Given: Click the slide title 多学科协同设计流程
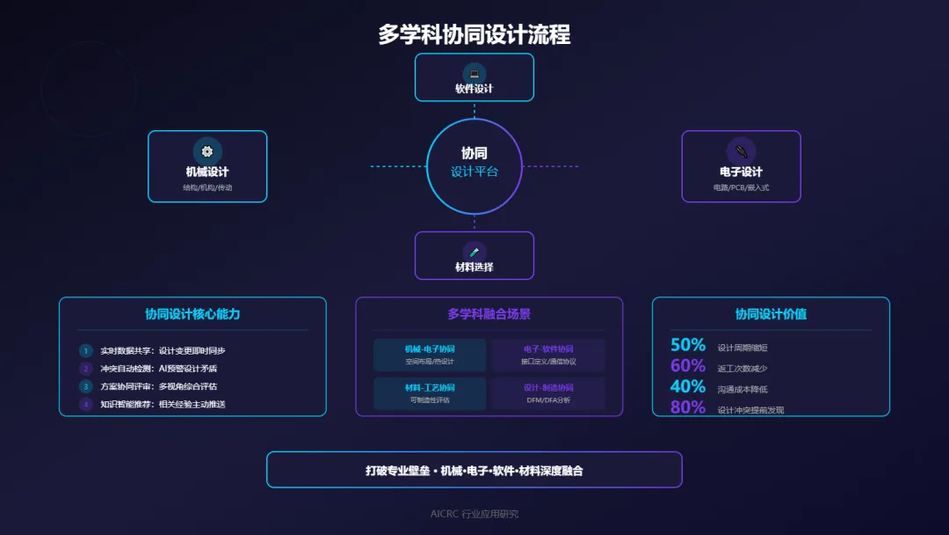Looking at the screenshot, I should point(474,34).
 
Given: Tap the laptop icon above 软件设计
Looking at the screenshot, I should point(474,73).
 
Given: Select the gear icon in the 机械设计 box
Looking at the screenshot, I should point(207,150).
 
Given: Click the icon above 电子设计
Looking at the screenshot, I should point(741,150).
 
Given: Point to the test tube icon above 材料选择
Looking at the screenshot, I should point(474,252).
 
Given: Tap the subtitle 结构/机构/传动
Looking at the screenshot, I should point(207,187).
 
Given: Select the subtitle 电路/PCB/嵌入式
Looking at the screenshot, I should point(741,187).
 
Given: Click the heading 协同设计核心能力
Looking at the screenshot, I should point(192,314).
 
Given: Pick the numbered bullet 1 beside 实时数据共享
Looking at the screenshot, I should point(85,350).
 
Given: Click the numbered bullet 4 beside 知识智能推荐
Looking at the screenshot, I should point(85,404).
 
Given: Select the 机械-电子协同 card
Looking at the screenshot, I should point(430,355).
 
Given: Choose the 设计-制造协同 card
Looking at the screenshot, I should point(548,393).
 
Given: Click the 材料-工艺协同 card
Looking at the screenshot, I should point(430,393).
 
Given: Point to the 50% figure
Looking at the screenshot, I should point(688,345).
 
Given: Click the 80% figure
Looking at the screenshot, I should point(688,407).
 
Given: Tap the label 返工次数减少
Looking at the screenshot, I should point(743,369).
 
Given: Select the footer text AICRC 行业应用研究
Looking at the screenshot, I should point(474,514).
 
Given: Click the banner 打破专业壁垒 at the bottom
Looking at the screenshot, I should point(474,470).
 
